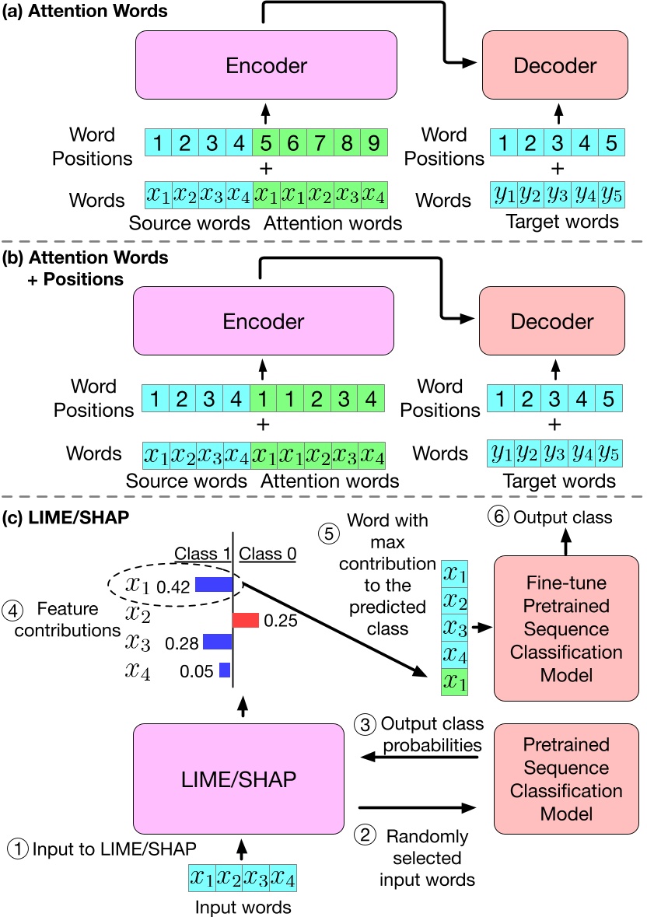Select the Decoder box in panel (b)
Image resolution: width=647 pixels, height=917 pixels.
pyautogui.click(x=553, y=320)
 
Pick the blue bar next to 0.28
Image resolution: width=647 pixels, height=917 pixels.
pyautogui.click(x=218, y=642)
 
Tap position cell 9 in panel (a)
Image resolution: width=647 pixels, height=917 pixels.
pyautogui.click(x=372, y=144)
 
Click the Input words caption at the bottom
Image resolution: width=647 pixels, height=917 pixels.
pyautogui.click(x=242, y=906)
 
